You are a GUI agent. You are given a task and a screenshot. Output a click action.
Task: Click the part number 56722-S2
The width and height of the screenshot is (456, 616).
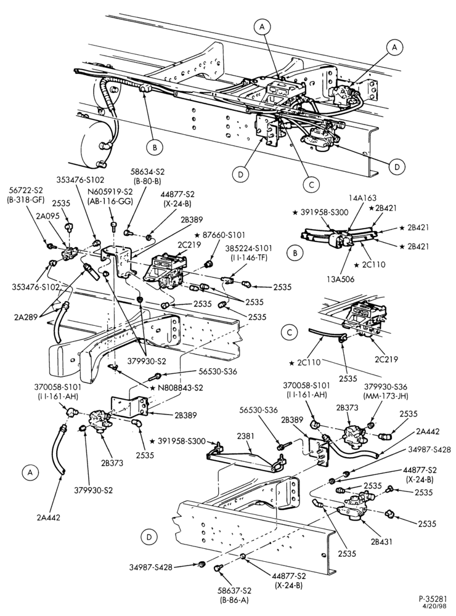tap(26, 190)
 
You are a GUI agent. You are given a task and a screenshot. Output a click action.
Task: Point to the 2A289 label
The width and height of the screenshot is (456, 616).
tap(26, 317)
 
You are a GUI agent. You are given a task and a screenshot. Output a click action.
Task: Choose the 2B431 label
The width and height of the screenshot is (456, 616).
tap(381, 541)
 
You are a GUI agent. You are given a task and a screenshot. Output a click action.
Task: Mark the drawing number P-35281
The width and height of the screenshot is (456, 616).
tap(433, 599)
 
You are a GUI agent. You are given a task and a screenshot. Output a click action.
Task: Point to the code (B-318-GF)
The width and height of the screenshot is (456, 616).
tap(26, 199)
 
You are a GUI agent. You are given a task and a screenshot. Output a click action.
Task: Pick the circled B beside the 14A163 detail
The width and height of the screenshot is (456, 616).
tap(295, 253)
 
